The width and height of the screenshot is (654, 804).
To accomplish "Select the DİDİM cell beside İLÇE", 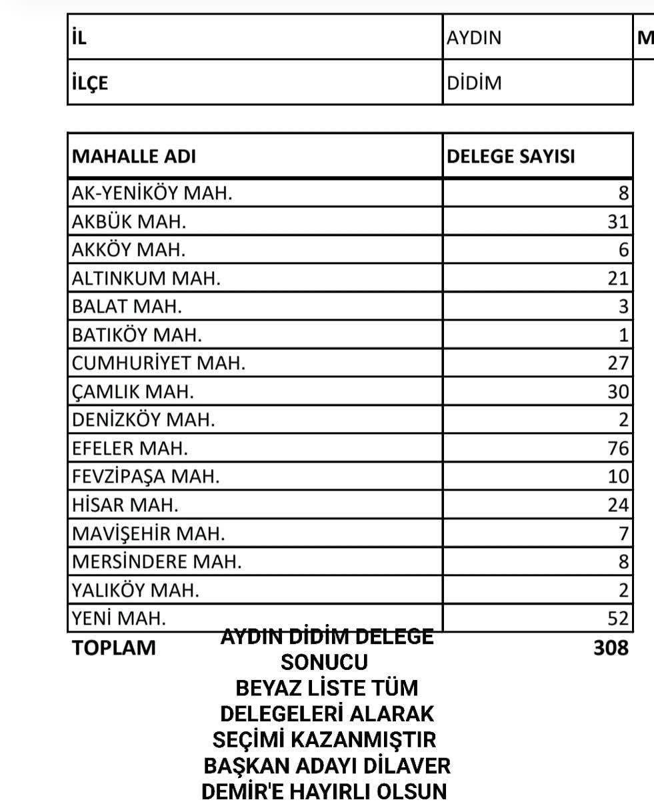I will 475,83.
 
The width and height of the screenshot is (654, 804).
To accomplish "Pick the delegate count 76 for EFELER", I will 618,449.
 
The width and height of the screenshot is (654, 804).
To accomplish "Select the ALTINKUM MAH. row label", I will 145,278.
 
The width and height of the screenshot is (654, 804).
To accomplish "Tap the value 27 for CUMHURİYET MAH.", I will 618,364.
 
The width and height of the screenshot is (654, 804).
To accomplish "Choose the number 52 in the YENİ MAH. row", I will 618,619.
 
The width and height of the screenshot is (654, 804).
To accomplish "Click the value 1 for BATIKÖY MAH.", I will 623,335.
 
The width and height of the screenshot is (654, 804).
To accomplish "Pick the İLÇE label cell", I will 91,83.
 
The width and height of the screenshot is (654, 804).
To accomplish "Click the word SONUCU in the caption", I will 325,663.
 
